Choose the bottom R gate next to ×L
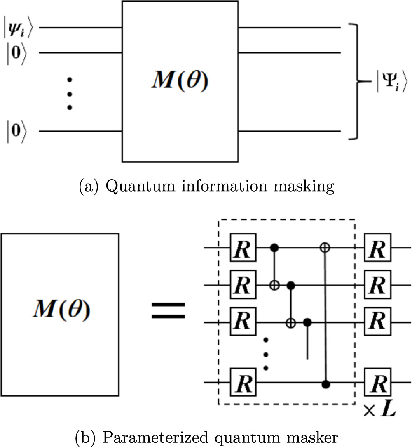(378, 383)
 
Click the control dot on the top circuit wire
(274, 248)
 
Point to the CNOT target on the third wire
(291, 322)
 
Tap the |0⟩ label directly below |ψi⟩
(16, 52)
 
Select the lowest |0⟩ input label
(16, 132)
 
